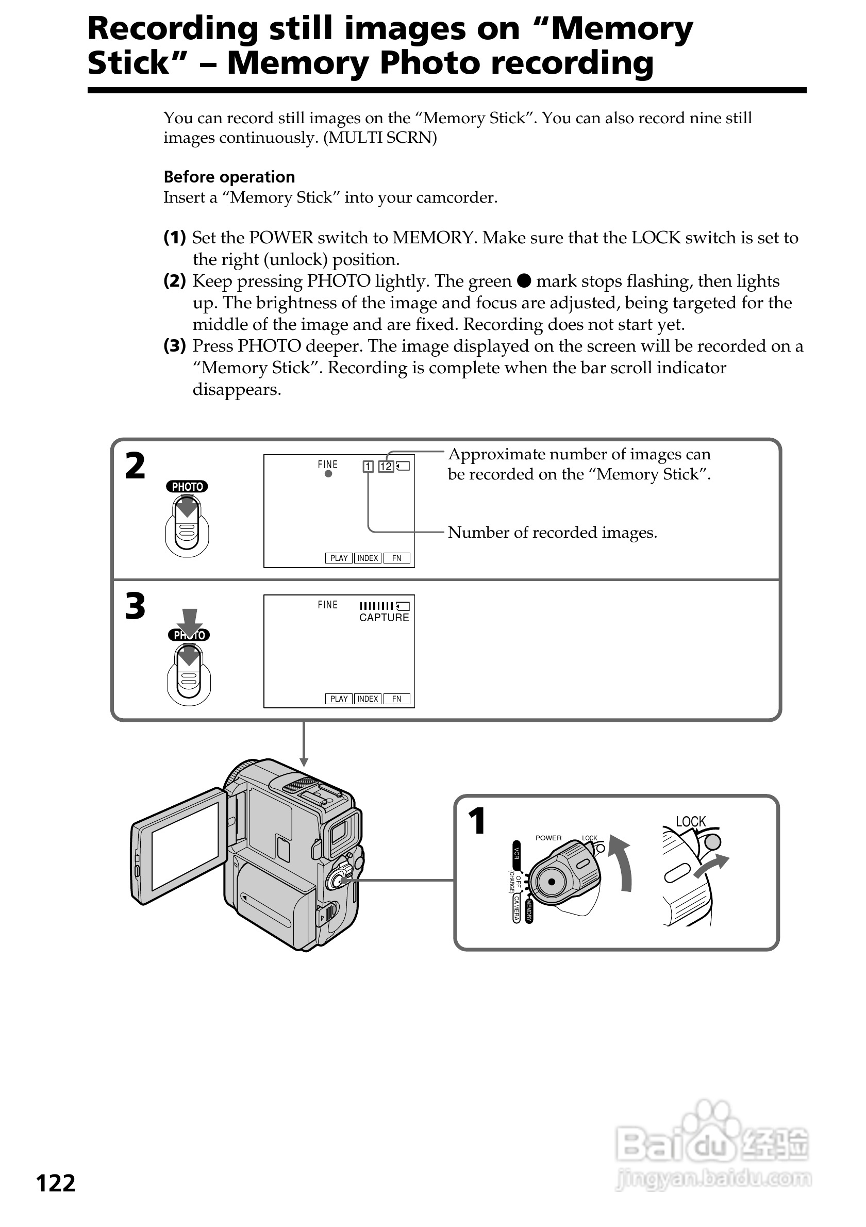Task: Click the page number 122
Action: pyautogui.click(x=56, y=1183)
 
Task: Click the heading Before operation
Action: pyautogui.click(x=229, y=177)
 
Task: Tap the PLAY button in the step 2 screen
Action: pyautogui.click(x=339, y=558)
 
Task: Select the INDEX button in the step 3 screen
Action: pyautogui.click(x=368, y=699)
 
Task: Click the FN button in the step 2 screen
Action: pyautogui.click(x=396, y=558)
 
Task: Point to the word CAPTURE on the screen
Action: pyautogui.click(x=384, y=618)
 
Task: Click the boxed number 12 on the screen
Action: pyautogui.click(x=386, y=467)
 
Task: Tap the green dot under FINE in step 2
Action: pyautogui.click(x=328, y=474)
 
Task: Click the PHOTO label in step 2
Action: pyautogui.click(x=187, y=486)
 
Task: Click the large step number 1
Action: pyautogui.click(x=476, y=821)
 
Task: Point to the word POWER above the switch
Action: pyautogui.click(x=548, y=837)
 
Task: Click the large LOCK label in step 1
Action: pyautogui.click(x=690, y=821)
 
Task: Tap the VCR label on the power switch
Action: pyautogui.click(x=516, y=852)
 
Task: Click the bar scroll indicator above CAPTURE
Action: pyautogui.click(x=377, y=606)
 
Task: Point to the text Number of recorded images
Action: pyautogui.click(x=552, y=532)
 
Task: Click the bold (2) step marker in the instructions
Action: pyautogui.click(x=174, y=280)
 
